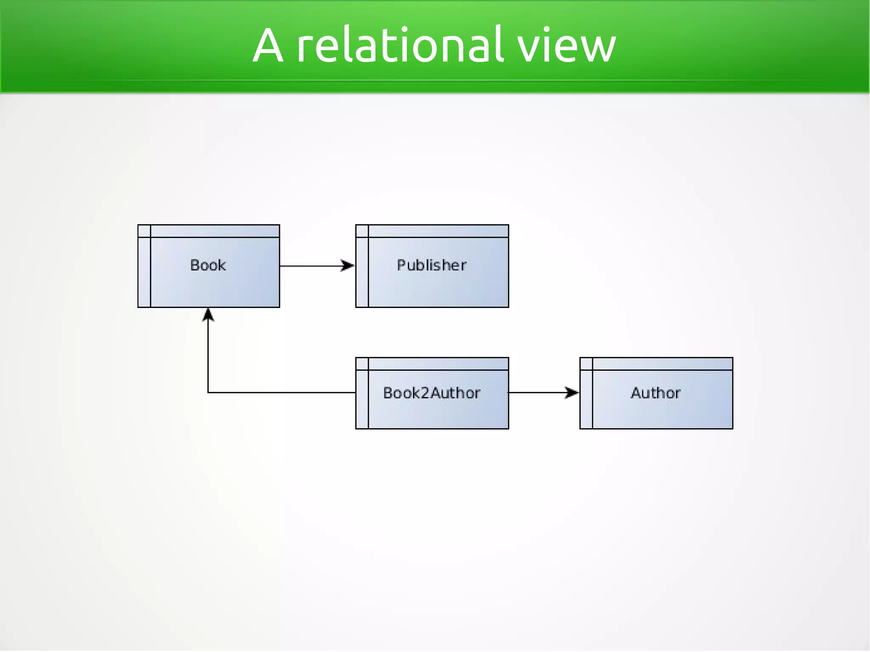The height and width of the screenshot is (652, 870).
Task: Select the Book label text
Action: click(208, 265)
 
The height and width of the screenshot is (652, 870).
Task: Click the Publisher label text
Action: click(432, 265)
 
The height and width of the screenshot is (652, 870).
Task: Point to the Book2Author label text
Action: click(432, 393)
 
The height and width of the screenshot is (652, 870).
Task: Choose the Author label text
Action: click(655, 393)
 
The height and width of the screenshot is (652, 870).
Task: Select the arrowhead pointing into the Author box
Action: click(572, 392)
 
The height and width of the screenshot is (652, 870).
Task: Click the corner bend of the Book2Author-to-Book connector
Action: click(208, 392)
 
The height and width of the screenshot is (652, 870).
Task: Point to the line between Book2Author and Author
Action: click(535, 392)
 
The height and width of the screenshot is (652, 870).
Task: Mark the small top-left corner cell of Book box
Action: click(144, 231)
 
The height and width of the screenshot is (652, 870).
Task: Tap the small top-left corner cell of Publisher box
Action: click(362, 231)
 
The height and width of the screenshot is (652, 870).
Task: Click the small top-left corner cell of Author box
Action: click(586, 364)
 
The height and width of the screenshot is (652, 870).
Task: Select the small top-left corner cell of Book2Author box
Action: click(362, 364)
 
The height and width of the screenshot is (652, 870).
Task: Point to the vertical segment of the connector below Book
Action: click(208, 357)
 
